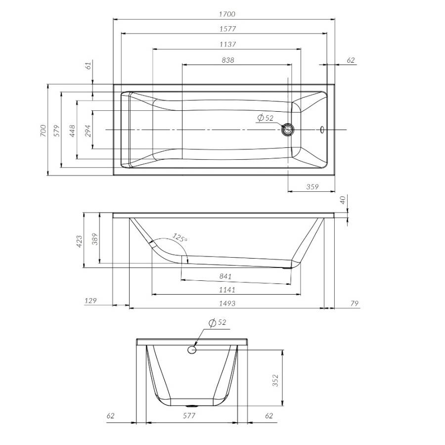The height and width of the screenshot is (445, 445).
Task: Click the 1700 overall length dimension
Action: click(227, 14)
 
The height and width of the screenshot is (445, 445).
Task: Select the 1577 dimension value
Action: click(227, 29)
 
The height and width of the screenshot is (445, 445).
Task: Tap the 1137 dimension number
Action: click(227, 44)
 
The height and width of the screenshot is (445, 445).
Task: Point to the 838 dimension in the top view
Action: click(228, 60)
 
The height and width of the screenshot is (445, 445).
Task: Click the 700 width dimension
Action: click(43, 131)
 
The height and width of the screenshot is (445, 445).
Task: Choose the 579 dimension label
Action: click(57, 131)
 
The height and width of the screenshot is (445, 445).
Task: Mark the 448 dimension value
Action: click(72, 131)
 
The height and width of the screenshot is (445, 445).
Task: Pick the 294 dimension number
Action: click(89, 131)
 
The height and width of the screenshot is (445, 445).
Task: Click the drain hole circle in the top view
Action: click(288, 130)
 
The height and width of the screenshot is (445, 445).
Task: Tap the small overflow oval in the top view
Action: click(322, 130)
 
